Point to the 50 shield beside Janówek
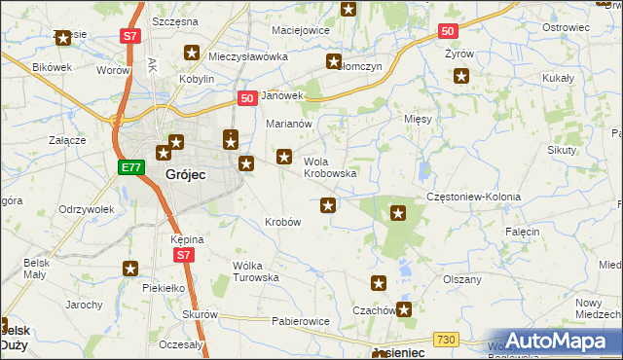(247, 97)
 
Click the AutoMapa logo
(555, 341)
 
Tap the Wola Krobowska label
(330, 167)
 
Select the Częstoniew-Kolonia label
(473, 197)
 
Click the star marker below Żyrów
(461, 77)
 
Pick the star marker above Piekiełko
(130, 269)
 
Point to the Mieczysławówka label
(248, 56)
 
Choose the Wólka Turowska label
(256, 270)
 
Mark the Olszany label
(462, 279)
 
